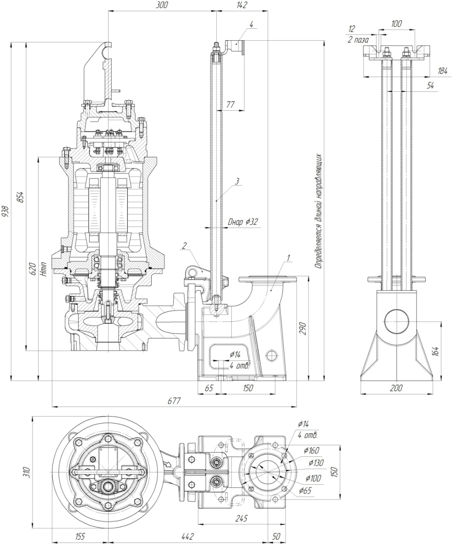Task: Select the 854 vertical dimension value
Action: (20, 197)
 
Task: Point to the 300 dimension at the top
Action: (162, 5)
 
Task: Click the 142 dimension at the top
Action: (242, 5)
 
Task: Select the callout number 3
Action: (237, 181)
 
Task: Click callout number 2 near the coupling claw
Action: (184, 246)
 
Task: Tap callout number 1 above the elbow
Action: (289, 258)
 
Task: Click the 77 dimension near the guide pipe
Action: (231, 105)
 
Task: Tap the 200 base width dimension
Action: (396, 388)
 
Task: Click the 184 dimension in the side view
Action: (442, 71)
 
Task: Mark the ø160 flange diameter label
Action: (311, 450)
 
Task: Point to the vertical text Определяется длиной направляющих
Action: (318, 212)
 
